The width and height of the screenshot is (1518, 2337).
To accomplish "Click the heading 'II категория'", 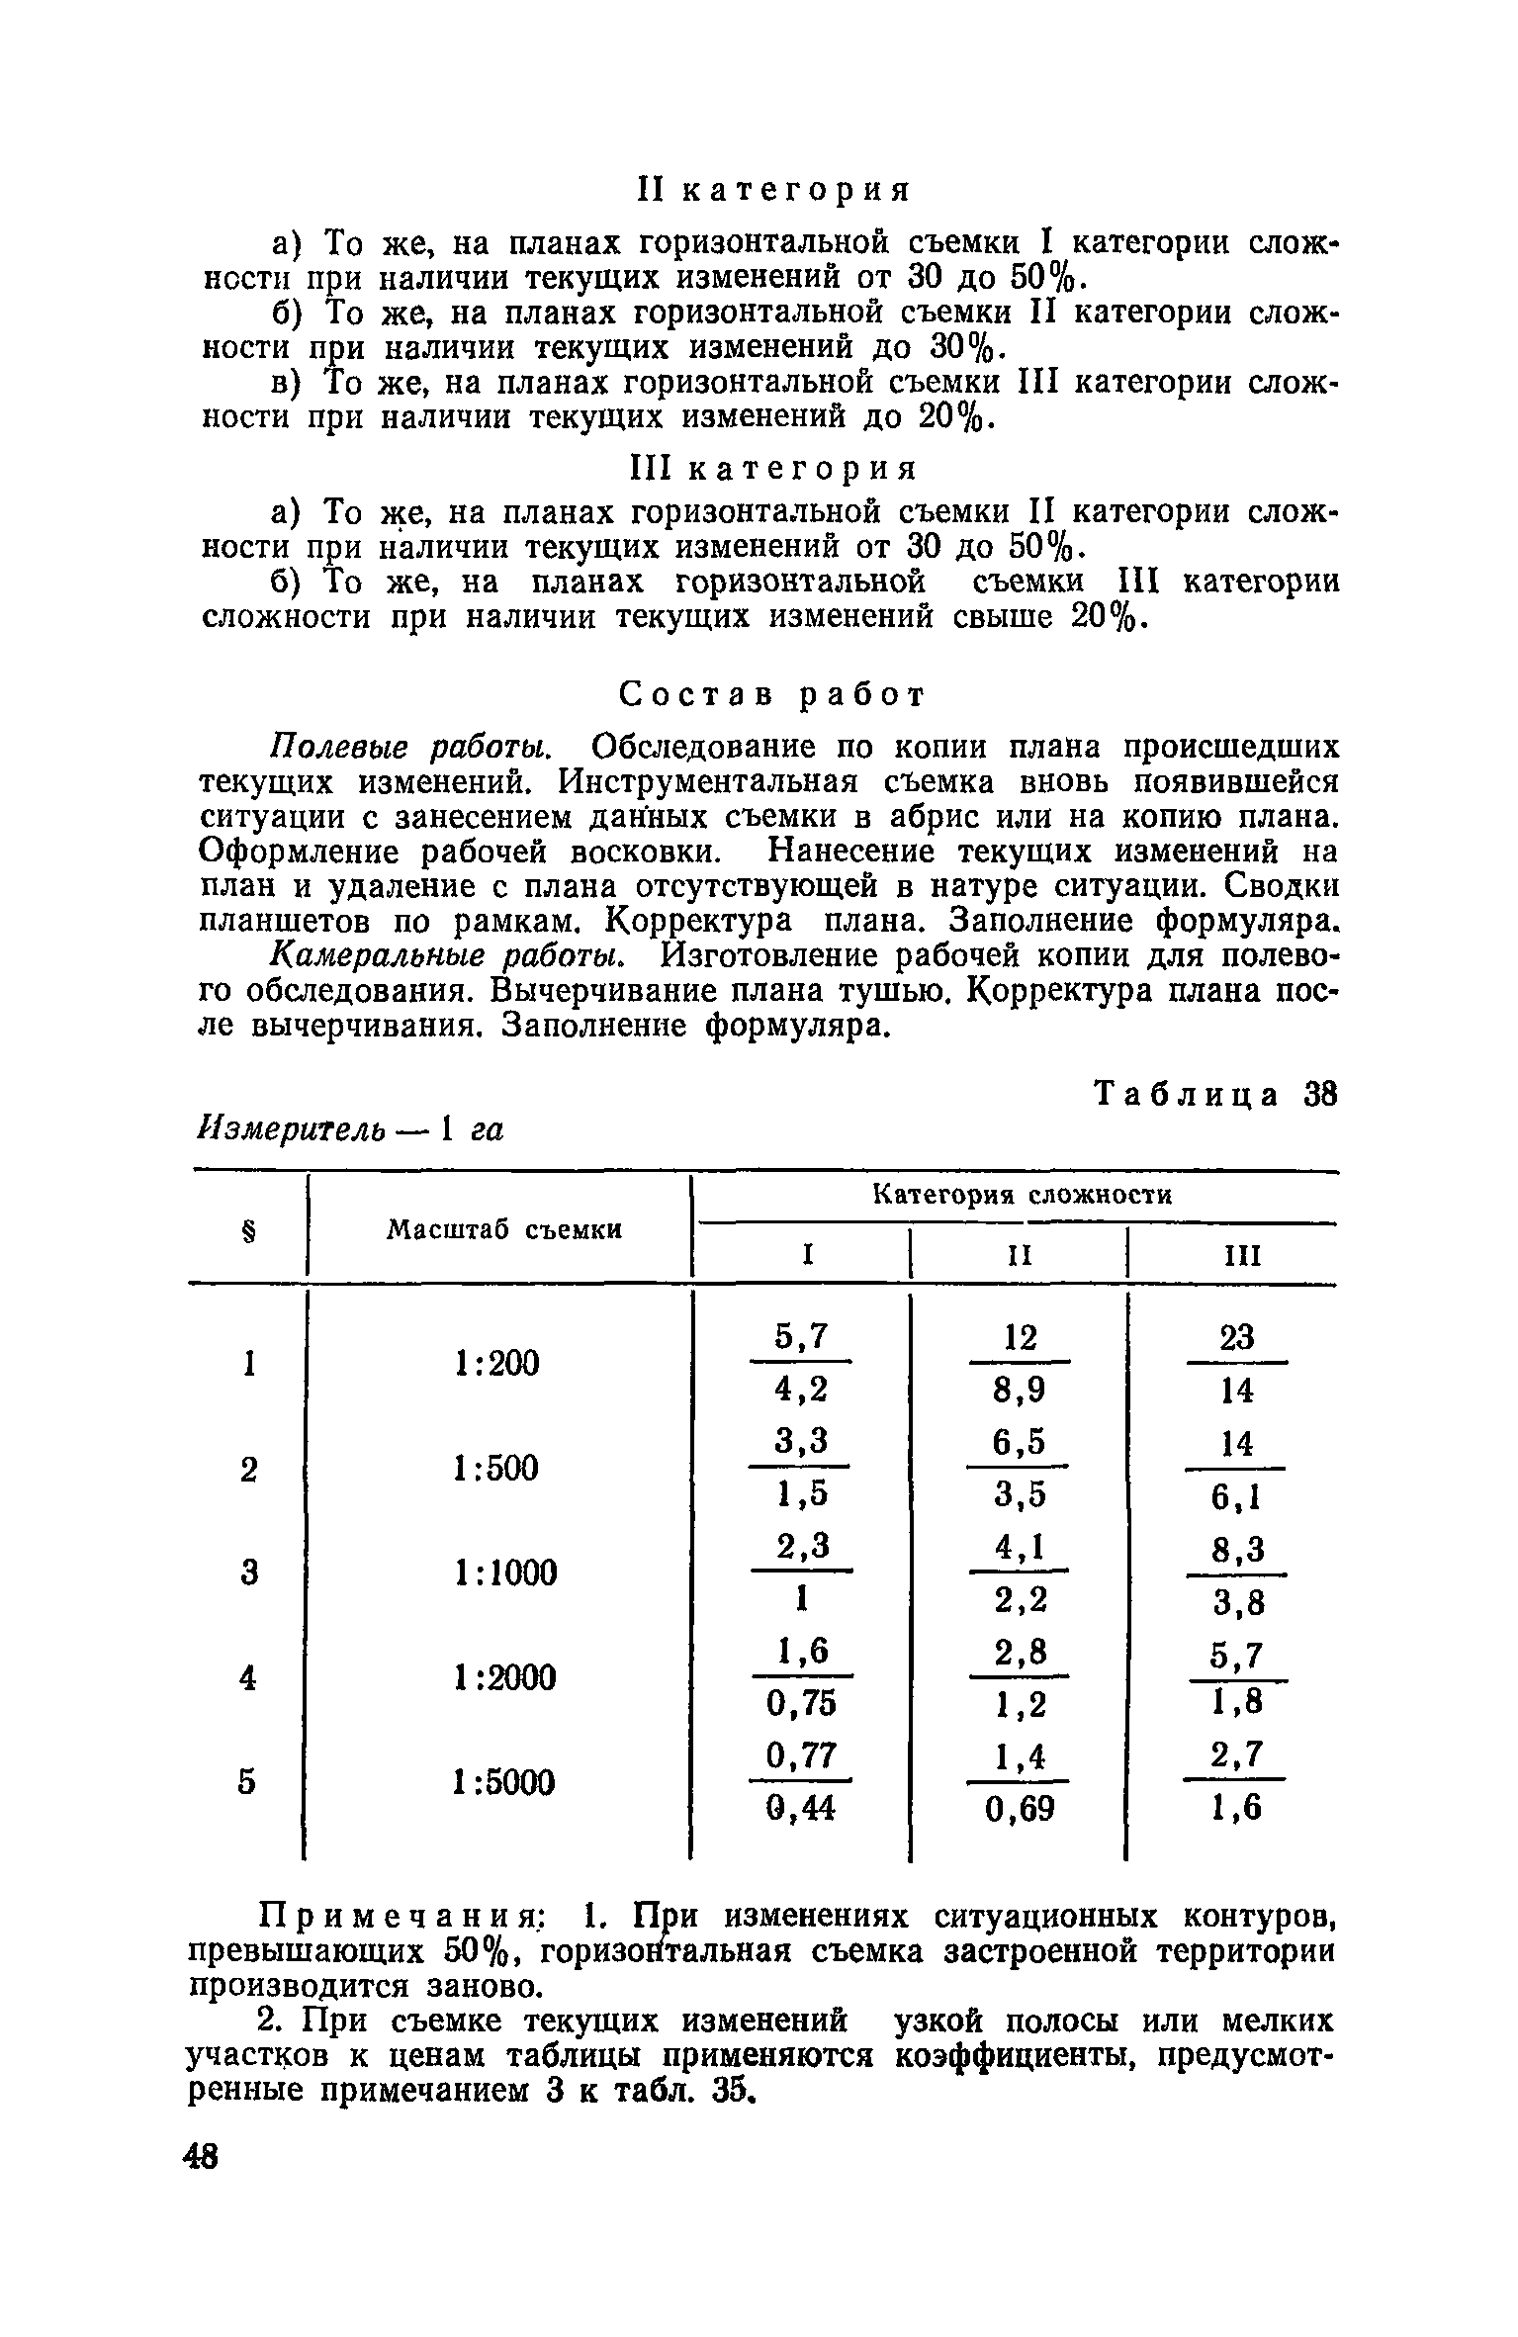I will [x=773, y=190].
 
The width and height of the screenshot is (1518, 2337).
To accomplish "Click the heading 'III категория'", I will [x=773, y=468].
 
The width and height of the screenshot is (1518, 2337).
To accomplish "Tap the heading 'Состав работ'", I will [x=772, y=695].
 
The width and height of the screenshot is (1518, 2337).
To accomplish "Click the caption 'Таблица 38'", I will [x=1215, y=1094].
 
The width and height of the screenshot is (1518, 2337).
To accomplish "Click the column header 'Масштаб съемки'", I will [x=504, y=1229].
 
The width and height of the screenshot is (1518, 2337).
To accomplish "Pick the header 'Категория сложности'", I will [x=1023, y=1196].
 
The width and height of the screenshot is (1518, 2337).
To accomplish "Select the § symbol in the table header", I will [x=248, y=1229].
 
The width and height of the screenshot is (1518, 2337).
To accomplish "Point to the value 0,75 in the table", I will [x=800, y=1703].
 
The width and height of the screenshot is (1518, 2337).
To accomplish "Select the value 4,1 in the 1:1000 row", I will [x=1019, y=1545].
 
